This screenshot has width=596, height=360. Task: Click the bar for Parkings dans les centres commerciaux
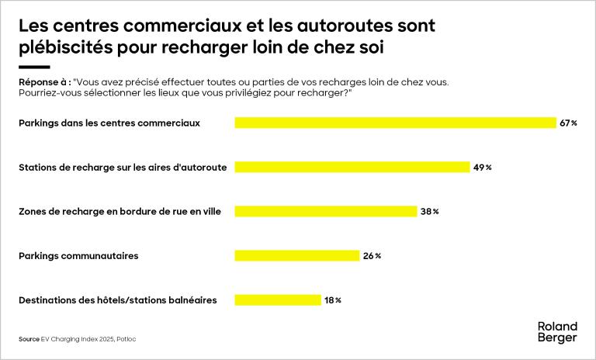click(395, 123)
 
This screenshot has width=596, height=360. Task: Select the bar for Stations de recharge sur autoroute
click(352, 167)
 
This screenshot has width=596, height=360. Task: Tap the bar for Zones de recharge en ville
click(326, 211)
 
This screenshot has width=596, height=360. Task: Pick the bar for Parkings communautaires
click(296, 255)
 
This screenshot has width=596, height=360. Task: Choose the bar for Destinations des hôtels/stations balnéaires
click(277, 299)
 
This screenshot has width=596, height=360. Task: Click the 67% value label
click(568, 123)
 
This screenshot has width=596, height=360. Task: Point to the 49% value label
click(483, 167)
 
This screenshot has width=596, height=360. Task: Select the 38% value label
click(430, 211)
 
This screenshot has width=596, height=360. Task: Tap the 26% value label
click(372, 255)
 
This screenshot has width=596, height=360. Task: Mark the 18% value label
click(333, 299)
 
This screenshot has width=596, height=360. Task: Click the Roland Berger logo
click(557, 332)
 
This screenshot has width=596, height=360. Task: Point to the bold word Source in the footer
click(29, 339)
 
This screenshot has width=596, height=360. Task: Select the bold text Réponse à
click(43, 81)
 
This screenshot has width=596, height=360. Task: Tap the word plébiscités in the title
click(68, 47)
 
